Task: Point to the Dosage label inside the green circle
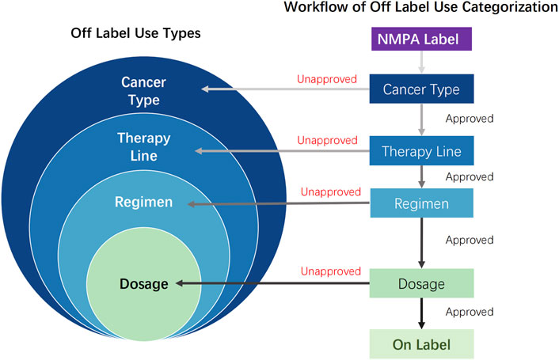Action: (143, 284)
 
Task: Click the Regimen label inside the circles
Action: (143, 203)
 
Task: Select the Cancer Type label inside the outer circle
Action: (140, 91)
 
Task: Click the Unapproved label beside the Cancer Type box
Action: (327, 79)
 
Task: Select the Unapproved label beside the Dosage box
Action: (327, 273)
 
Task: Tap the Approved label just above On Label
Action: (470, 313)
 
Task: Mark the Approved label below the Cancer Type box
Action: (470, 119)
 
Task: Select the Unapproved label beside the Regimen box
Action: (327, 193)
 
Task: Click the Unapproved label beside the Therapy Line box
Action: (327, 140)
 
